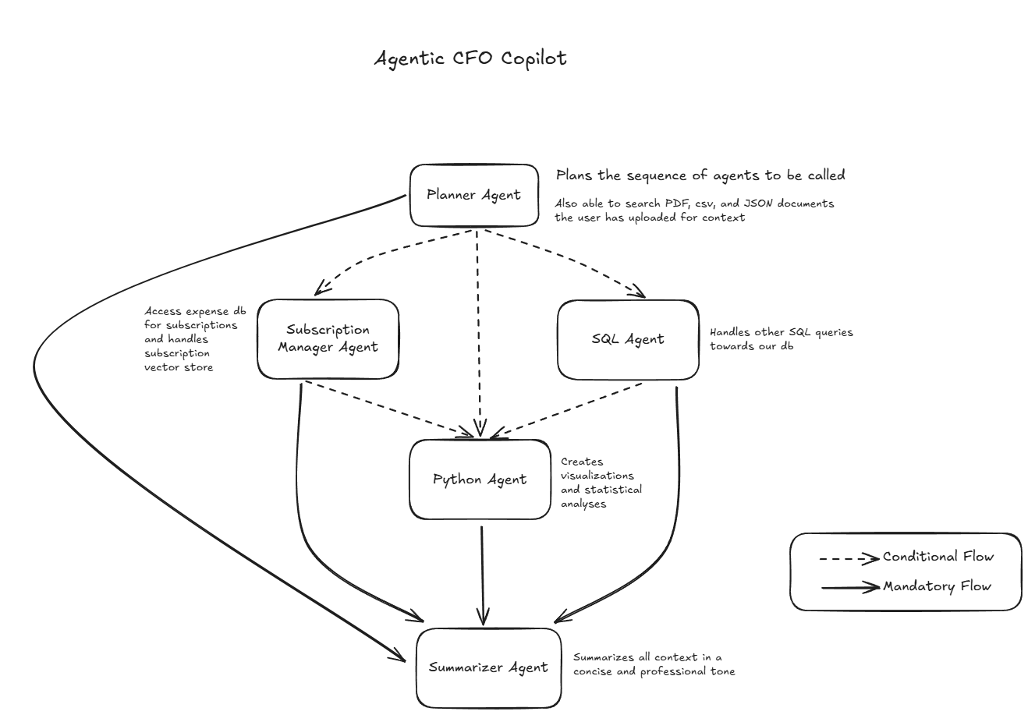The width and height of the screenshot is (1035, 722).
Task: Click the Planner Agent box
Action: click(474, 195)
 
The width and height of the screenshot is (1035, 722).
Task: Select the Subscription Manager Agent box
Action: click(328, 338)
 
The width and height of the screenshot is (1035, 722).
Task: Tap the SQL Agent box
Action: click(628, 339)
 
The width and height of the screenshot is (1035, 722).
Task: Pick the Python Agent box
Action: click(480, 480)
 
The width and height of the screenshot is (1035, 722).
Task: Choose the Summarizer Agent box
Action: click(488, 667)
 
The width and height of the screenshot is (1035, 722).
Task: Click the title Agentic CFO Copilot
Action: click(470, 58)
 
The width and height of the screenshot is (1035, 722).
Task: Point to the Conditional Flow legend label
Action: click(938, 557)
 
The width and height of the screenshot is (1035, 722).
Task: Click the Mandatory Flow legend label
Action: click(937, 586)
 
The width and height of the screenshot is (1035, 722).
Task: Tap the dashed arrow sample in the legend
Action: click(849, 558)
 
